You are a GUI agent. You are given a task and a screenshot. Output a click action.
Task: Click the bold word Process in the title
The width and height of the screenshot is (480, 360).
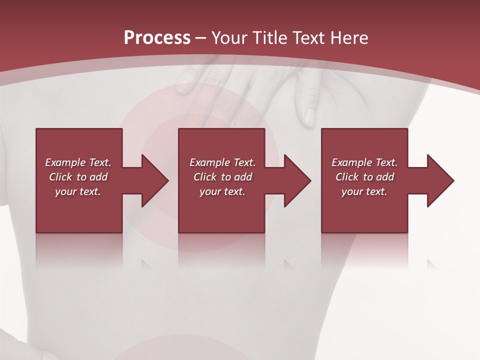157,38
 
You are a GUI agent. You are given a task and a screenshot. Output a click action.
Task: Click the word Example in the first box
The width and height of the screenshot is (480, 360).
65,162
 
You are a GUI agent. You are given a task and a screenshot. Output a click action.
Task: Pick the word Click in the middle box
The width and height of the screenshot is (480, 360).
205,177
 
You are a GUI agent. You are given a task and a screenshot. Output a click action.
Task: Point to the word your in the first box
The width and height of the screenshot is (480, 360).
65,191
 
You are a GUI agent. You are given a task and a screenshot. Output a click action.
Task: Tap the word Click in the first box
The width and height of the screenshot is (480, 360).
60,177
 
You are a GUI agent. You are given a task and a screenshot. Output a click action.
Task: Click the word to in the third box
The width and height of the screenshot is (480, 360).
368,177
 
